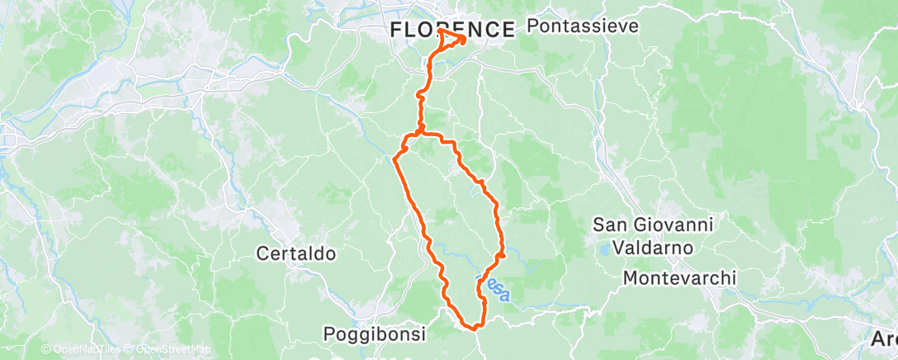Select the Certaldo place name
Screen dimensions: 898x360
click(x=295, y=253)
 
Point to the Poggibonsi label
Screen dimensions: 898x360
click(x=374, y=334)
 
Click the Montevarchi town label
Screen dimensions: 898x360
click(x=679, y=278)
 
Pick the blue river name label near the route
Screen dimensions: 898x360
click(x=495, y=288)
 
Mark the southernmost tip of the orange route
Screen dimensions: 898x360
click(x=475, y=328)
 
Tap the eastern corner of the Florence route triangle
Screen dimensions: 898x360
click(x=466, y=38)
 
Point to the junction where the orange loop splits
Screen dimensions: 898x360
click(x=422, y=131)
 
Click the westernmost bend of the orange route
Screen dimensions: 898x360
click(x=396, y=156)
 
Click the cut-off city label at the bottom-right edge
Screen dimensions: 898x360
click(x=885, y=339)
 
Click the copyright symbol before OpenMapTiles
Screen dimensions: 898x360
click(x=45, y=349)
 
